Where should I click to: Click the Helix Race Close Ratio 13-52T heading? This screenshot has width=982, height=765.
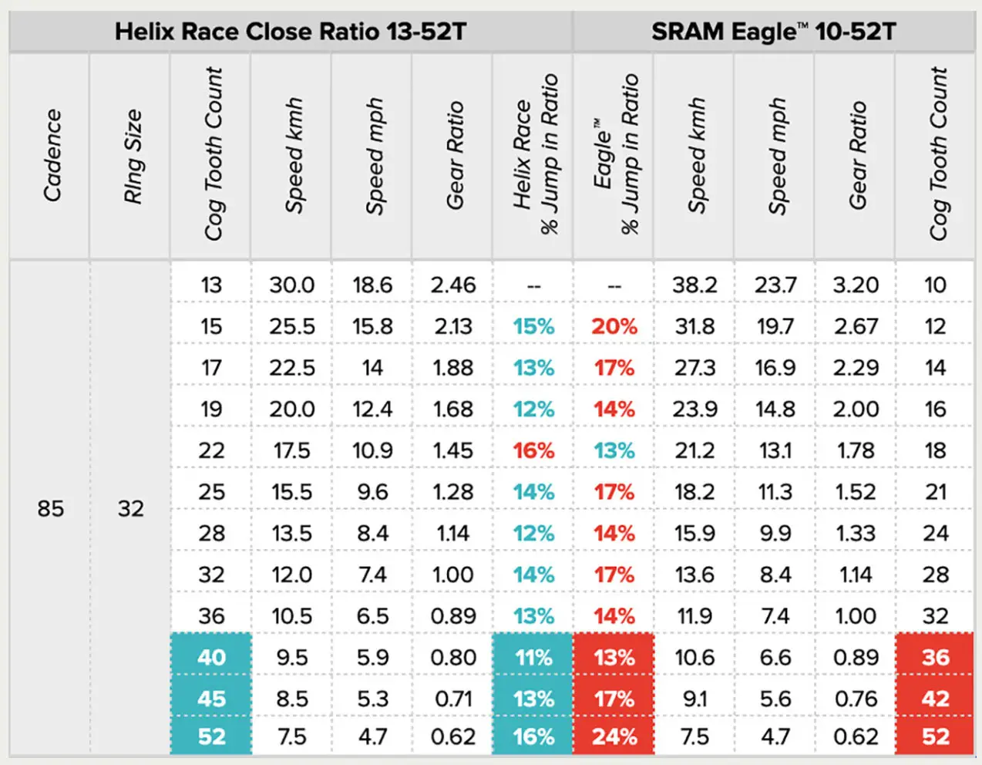pyautogui.click(x=291, y=32)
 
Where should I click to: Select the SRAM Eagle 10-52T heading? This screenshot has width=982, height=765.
pyautogui.click(x=773, y=32)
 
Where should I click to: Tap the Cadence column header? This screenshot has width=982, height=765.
pyautogui.click(x=52, y=155)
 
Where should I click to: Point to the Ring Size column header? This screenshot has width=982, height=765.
pyautogui.click(x=133, y=156)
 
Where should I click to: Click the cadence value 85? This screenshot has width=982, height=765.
pyautogui.click(x=51, y=509)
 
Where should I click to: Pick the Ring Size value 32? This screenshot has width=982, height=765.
pyautogui.click(x=131, y=509)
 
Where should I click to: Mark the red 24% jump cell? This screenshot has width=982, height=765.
pyautogui.click(x=614, y=736)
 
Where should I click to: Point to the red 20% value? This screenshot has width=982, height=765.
pyautogui.click(x=614, y=326)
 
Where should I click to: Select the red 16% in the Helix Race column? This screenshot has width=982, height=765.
pyautogui.click(x=533, y=450)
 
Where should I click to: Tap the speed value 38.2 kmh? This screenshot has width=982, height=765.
pyautogui.click(x=694, y=285)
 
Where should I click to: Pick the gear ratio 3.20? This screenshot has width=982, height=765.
pyautogui.click(x=856, y=285)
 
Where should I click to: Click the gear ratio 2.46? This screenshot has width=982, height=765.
pyautogui.click(x=453, y=285)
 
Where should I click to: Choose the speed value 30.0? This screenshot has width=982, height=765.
pyautogui.click(x=292, y=285)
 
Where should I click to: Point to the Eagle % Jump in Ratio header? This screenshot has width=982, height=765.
pyautogui.click(x=616, y=153)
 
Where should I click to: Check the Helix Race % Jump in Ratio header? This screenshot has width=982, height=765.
pyautogui.click(x=536, y=153)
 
